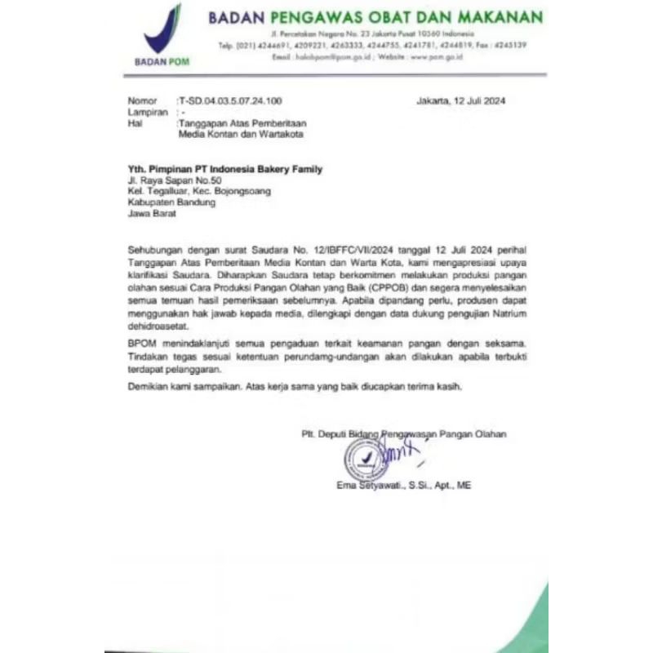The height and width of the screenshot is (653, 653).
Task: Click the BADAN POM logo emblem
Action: pos(162,30)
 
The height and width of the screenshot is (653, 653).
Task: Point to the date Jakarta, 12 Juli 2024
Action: pos(461,100)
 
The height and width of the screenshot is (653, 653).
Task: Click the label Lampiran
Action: pos(148,111)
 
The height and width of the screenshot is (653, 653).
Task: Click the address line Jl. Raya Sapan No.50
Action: pos(175,180)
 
